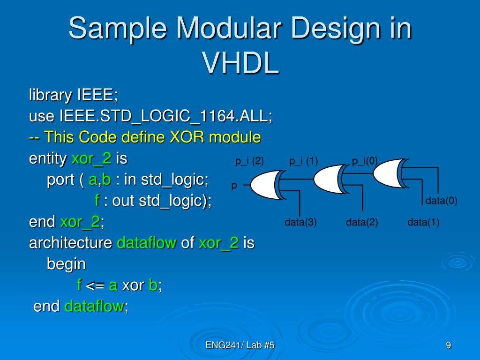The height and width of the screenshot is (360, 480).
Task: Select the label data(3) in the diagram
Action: (x=300, y=222)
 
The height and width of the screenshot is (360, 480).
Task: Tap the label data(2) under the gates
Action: (x=362, y=222)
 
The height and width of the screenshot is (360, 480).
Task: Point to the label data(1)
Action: (x=423, y=222)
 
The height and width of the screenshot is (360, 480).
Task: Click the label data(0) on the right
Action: (x=441, y=201)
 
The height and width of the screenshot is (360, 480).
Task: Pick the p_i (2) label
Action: (x=249, y=162)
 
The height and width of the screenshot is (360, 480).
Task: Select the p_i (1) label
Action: (x=303, y=162)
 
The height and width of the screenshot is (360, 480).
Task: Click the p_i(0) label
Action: (x=365, y=162)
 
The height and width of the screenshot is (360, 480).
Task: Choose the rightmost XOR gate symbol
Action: (x=389, y=173)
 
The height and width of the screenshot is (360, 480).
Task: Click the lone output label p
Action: (x=233, y=186)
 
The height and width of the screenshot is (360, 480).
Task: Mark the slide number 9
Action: (x=449, y=346)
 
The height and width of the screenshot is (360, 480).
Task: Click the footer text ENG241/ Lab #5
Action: (x=240, y=346)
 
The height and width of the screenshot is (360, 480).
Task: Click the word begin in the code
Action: (x=66, y=264)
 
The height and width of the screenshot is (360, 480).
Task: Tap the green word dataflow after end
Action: (x=94, y=307)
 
